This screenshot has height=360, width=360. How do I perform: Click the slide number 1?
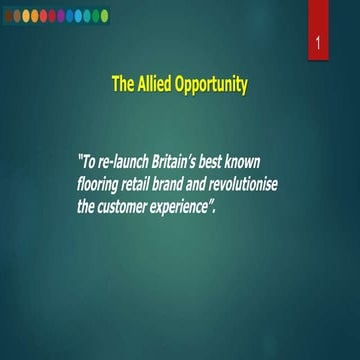(x=317, y=46)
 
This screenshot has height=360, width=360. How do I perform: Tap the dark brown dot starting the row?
(x=8, y=15)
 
